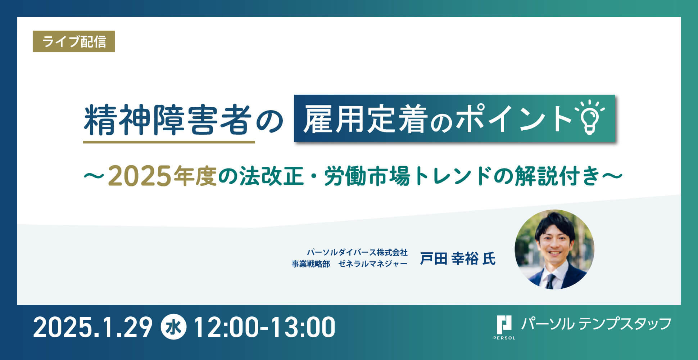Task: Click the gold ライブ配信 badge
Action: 74,41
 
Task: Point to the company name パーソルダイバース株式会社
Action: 357,252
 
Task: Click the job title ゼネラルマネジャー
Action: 373,264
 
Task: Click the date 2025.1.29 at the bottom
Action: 93,327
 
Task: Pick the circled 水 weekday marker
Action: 174,327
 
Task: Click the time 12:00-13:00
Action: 264,327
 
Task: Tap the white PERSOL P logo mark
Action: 504,325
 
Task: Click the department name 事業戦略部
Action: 311,264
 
